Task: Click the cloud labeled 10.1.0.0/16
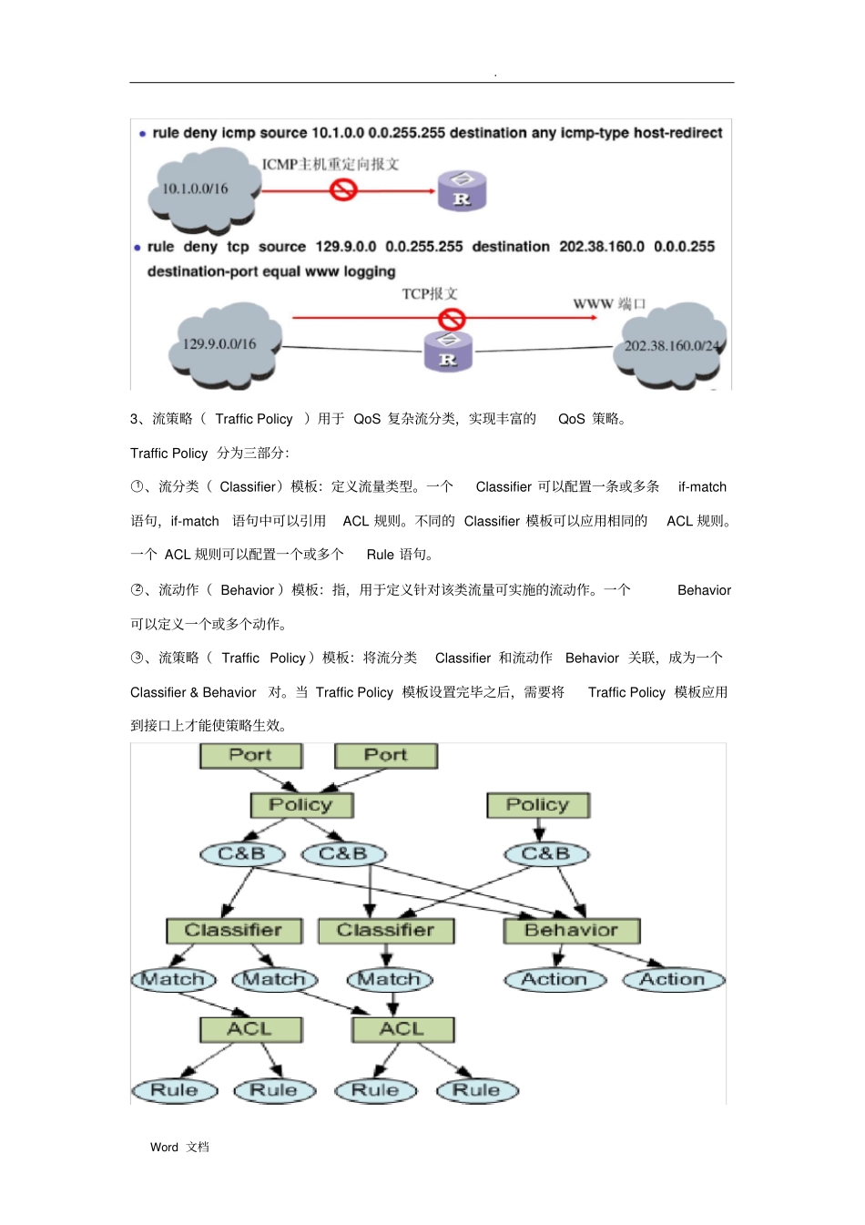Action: (203, 189)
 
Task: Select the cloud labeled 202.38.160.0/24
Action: (670, 347)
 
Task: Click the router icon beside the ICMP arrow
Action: (462, 191)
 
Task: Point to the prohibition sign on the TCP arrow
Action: (452, 319)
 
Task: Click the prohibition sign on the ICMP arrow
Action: (343, 189)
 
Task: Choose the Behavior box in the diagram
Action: (572, 930)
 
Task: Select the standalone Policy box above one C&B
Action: (538, 805)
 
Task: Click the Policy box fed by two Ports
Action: (301, 805)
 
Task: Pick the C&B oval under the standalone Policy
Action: (546, 854)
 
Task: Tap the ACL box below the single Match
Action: (402, 1029)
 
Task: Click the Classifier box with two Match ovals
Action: (234, 930)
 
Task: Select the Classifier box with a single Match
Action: (386, 930)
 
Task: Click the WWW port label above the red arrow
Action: (609, 304)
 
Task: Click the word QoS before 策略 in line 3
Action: (572, 419)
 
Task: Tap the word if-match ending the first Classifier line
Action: (702, 487)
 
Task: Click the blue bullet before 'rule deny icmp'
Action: (143, 134)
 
